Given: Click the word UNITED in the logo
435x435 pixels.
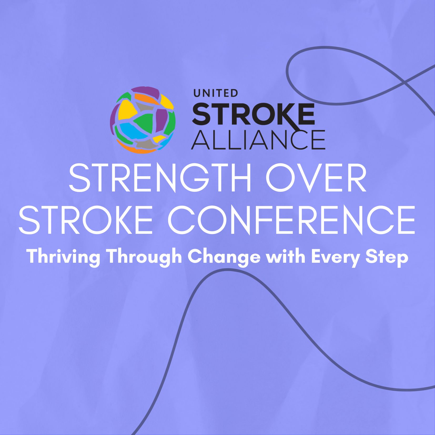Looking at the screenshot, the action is [216, 93].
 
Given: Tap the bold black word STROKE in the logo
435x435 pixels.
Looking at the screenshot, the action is [254, 114].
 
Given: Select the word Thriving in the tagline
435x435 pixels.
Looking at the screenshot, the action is [64, 257].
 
